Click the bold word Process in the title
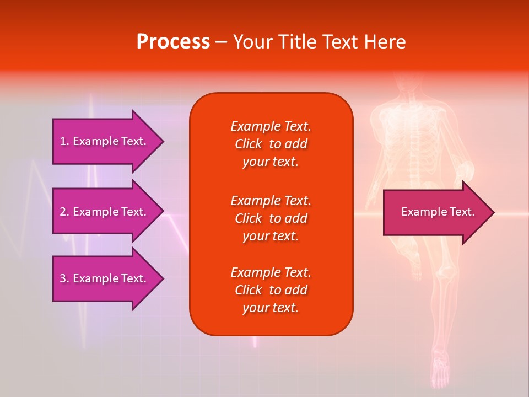[x=173, y=42]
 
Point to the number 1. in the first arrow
[x=64, y=141]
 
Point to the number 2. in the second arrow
[x=64, y=212]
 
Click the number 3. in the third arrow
[x=64, y=278]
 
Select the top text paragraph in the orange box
[x=271, y=144]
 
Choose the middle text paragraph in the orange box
[x=271, y=218]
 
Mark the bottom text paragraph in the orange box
[x=271, y=290]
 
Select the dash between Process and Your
[x=221, y=42]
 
